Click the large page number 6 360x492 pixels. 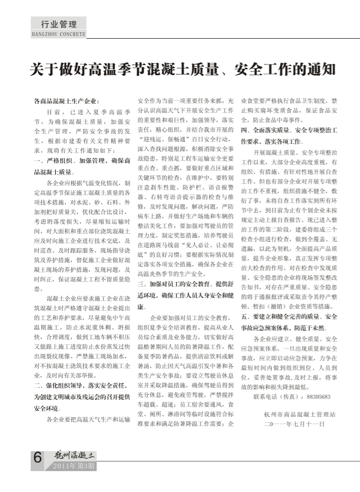click(37, 458)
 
